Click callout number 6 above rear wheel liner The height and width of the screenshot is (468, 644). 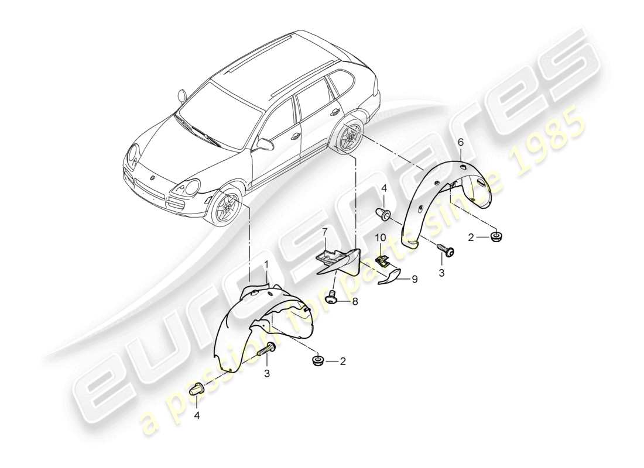(x=460, y=142)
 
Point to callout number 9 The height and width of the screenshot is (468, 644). (x=414, y=280)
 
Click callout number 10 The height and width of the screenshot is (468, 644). (x=381, y=239)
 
